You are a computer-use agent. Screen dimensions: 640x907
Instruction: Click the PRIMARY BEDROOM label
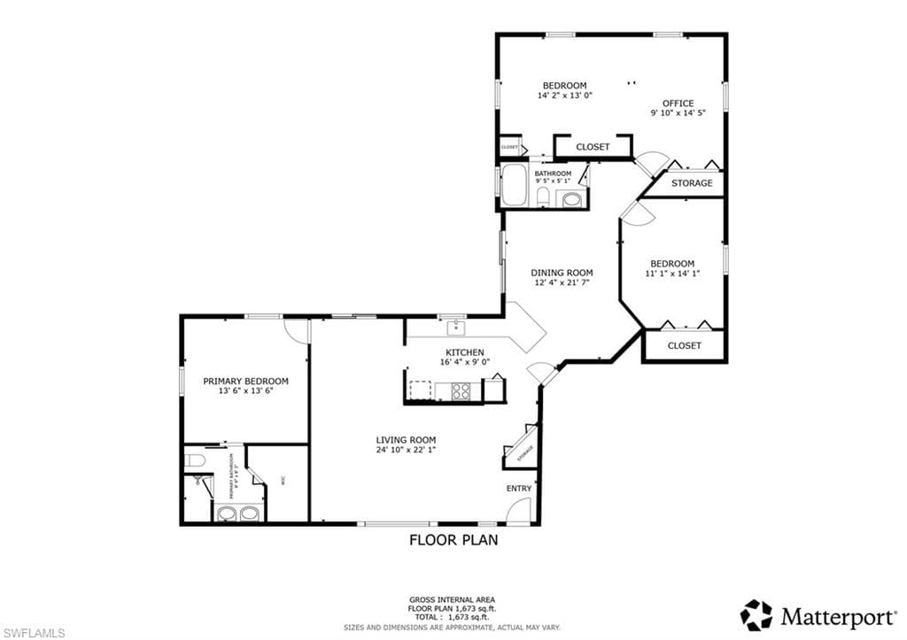coord(245,381)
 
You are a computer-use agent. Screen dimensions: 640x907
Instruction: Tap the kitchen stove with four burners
coord(461,390)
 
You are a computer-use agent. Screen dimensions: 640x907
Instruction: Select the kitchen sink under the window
coord(456,328)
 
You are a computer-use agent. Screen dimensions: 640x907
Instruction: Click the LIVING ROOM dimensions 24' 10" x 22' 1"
coord(406,450)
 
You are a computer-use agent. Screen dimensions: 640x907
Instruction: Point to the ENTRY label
coord(519,489)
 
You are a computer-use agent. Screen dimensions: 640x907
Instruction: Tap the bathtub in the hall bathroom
coord(514,187)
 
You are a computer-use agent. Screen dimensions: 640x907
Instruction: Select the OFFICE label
coord(678,103)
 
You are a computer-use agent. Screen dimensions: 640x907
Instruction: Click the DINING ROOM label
coord(562,273)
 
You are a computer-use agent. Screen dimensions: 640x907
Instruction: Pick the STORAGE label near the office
coord(691,183)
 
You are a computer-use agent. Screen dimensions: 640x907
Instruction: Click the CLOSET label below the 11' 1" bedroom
coord(684,345)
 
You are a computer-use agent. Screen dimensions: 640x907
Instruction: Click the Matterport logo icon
coord(756,615)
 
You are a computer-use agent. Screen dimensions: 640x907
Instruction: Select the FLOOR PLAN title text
coord(453,539)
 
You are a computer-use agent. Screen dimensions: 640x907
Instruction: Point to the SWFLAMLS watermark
coord(33,631)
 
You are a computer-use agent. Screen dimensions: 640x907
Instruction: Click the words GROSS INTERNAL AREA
coord(453,599)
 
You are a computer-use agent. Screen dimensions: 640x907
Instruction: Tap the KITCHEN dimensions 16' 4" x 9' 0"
coord(464,362)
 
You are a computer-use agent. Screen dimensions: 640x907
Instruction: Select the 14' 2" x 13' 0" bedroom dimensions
coord(564,95)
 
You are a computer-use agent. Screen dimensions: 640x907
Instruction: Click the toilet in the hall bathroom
coord(542,196)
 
